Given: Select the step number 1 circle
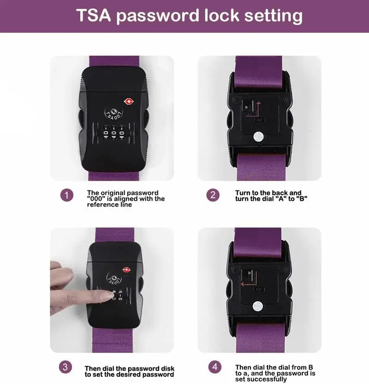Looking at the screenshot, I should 67,195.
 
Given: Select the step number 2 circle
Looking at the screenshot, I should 213,195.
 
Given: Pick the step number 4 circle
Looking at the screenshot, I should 214,367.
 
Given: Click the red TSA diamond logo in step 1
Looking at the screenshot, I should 128,101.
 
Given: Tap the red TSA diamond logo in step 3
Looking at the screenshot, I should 126,270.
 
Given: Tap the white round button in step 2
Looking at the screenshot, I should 258,136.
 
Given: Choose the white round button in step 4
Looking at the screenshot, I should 258,305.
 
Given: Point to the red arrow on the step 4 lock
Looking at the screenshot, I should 248,285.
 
